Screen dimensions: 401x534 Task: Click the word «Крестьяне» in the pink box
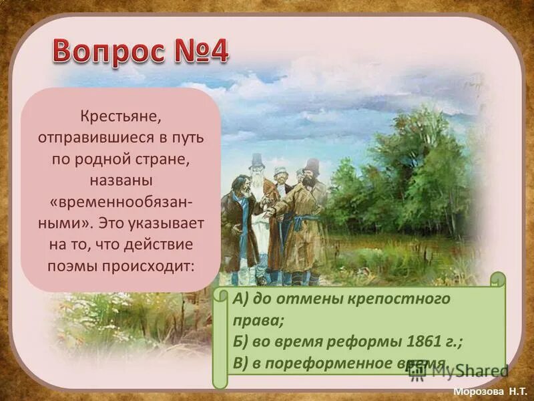tap(120, 117)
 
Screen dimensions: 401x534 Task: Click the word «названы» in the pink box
tap(120, 180)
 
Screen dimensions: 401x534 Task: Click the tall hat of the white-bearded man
tap(256, 160)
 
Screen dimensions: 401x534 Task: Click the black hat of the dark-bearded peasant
tap(310, 166)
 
